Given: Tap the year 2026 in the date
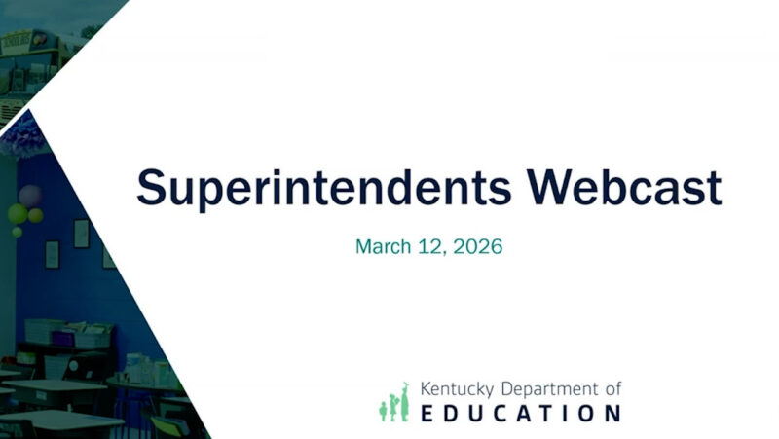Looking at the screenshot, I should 477,246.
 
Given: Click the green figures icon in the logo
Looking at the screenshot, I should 394,401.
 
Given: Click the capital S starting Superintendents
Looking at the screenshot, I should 150,188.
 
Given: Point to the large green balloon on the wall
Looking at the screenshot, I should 19,213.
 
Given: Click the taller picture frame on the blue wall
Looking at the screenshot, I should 81,234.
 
